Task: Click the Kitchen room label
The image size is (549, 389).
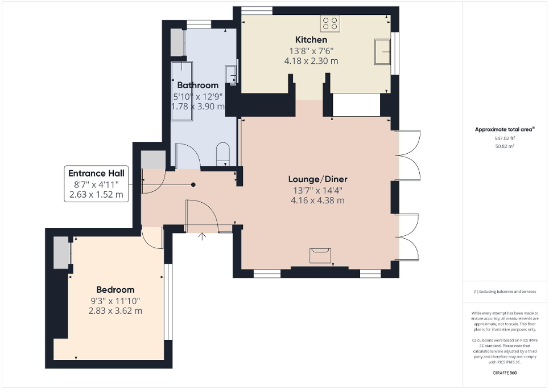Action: click(x=311, y=40)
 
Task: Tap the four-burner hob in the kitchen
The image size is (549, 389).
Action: click(x=330, y=23)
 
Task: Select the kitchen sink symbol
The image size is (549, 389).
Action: click(x=382, y=52)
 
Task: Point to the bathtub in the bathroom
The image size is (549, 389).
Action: click(x=182, y=91)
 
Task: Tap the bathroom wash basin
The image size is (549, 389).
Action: click(x=231, y=74)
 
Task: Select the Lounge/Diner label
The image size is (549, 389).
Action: click(x=317, y=179)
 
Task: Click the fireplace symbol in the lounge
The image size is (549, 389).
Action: click(x=320, y=255)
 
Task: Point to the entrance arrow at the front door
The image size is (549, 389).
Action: click(x=203, y=236)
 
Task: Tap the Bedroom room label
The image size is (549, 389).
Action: click(x=115, y=289)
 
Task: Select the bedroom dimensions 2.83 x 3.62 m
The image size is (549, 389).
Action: click(x=115, y=311)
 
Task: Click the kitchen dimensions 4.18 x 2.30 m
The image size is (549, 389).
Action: click(x=311, y=60)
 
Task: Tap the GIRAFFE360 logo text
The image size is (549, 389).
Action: click(x=505, y=372)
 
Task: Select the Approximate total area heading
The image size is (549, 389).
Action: click(x=505, y=130)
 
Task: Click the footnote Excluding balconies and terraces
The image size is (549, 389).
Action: click(x=505, y=292)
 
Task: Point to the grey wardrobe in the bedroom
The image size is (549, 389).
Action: click(x=60, y=253)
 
